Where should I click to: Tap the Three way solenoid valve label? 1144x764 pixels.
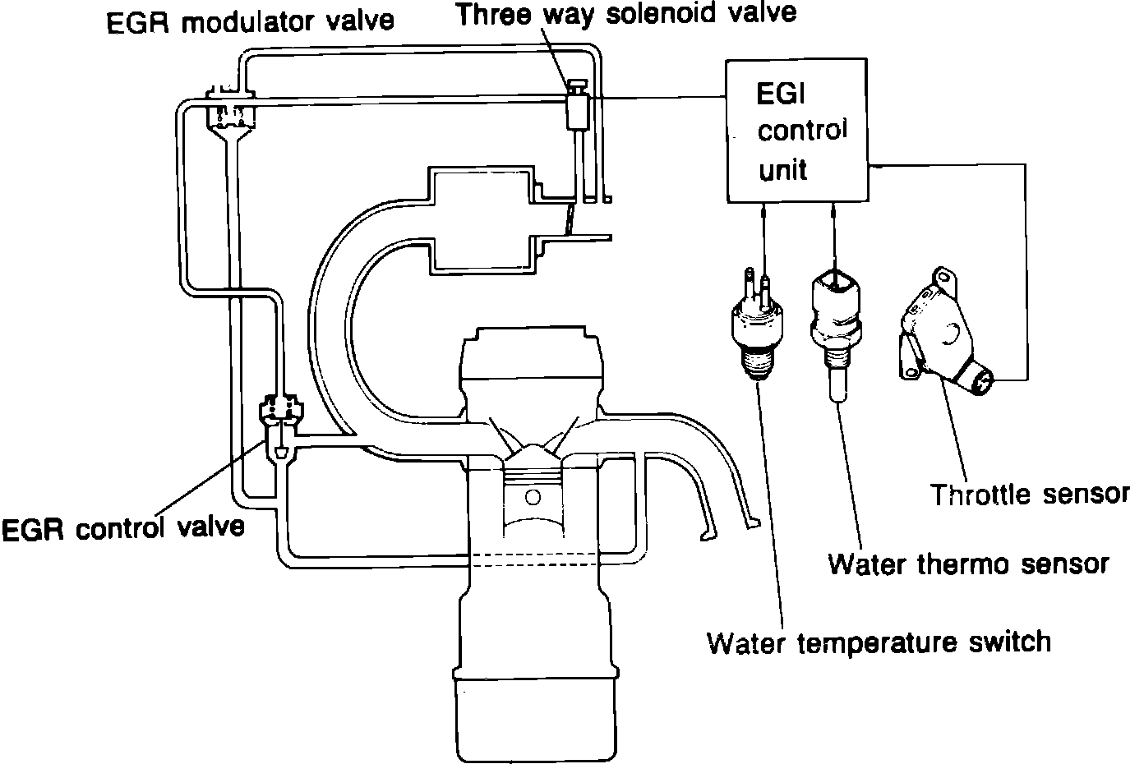click(x=626, y=14)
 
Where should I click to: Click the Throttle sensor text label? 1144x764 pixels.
click(x=1030, y=495)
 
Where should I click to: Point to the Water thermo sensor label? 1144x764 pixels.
click(x=969, y=564)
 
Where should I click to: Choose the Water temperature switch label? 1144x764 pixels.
click(x=879, y=641)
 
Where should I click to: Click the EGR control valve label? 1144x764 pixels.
click(x=123, y=527)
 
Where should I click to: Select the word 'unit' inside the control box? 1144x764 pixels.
click(x=782, y=170)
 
